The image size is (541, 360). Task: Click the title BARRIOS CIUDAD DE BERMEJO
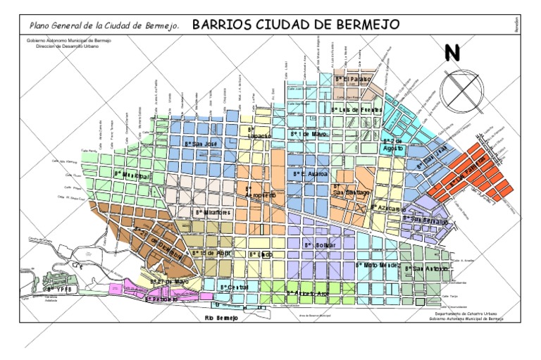(x=296, y=25)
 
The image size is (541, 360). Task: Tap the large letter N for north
(x=452, y=54)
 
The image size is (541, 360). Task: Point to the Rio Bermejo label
(x=222, y=318)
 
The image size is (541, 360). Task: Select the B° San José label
(x=198, y=143)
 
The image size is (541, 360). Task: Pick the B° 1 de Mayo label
(x=309, y=133)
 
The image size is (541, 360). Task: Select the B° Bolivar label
(x=318, y=244)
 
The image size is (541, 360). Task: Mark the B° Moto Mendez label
(x=378, y=265)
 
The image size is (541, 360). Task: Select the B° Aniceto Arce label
(x=307, y=292)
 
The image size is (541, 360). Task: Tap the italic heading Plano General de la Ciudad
(x=104, y=25)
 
